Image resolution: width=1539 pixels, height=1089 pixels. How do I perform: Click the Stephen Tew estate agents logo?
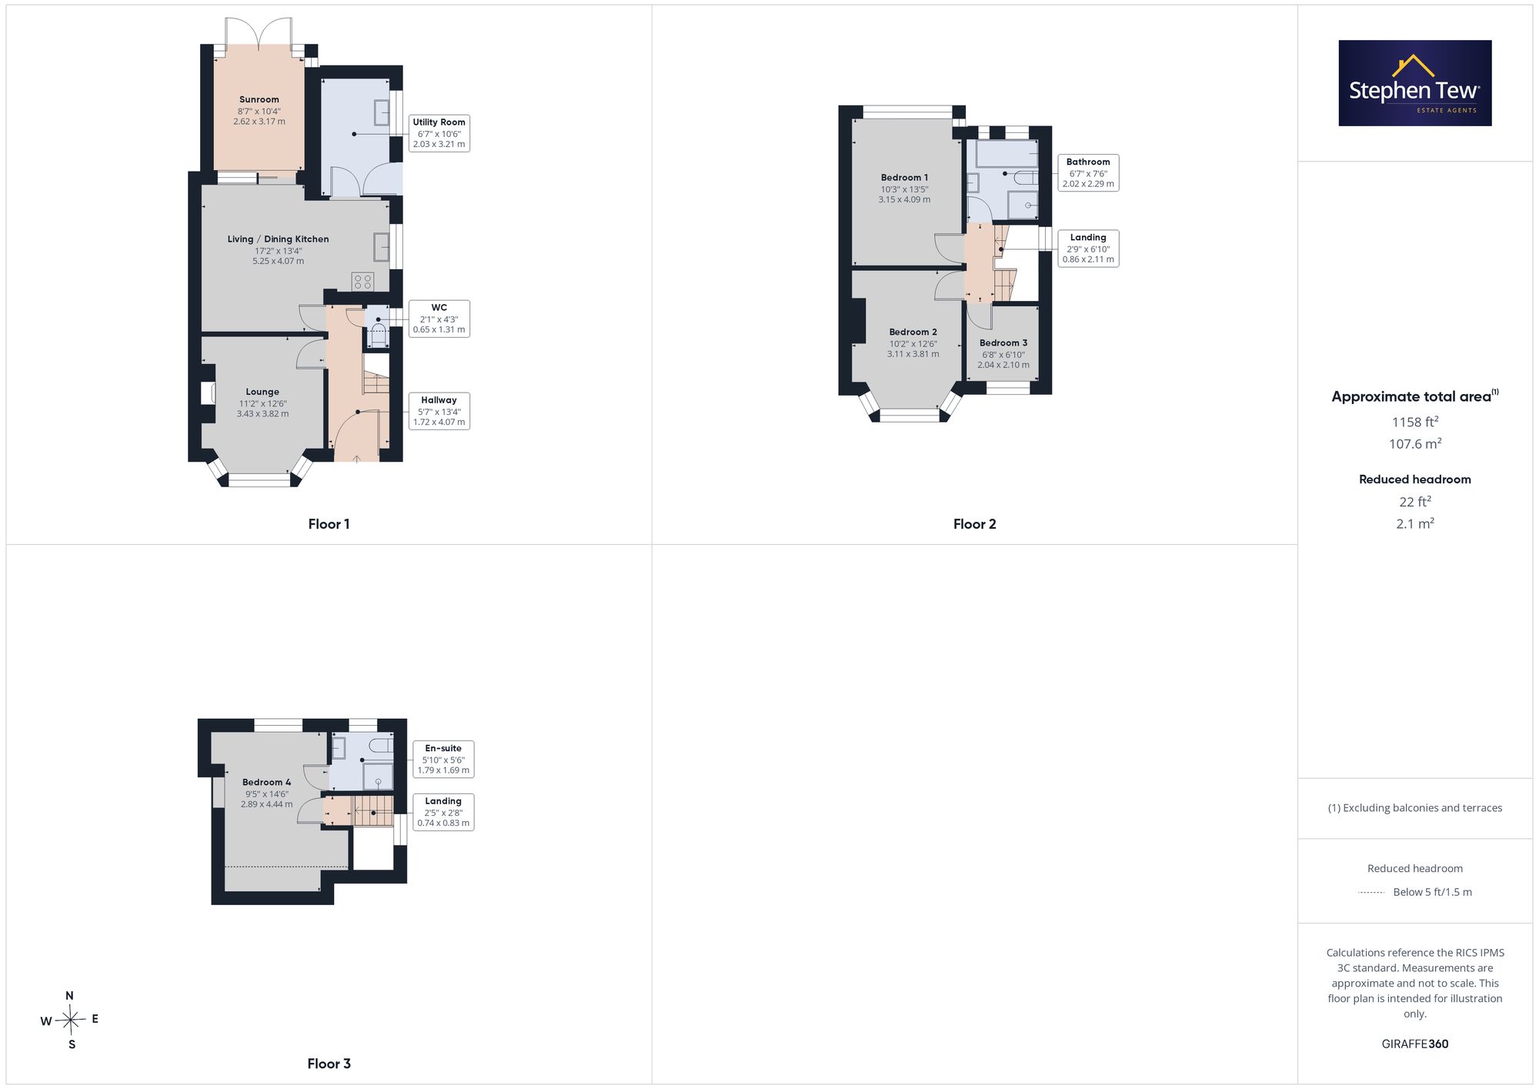pos(1414,83)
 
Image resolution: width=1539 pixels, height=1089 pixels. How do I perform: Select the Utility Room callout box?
pos(439,133)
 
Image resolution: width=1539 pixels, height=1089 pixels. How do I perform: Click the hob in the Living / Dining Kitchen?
pos(362,282)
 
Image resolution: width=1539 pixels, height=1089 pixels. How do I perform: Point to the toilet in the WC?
pos(378,335)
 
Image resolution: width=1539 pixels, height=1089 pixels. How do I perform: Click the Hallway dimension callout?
pos(439,411)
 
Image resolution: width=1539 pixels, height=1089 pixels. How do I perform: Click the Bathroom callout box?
pos(1088,173)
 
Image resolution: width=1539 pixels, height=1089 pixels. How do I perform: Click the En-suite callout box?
pos(443,760)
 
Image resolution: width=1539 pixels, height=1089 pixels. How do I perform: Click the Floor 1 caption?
pos(329,524)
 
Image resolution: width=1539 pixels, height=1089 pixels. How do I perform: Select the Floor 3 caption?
pos(329,1064)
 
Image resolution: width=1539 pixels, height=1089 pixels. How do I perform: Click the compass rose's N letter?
pos(69,996)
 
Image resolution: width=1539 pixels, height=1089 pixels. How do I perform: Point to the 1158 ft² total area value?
pos(1415,422)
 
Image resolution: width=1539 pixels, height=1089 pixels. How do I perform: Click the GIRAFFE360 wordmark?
pos(1415,1044)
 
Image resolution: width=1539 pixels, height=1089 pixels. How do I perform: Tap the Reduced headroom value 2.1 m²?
pos(1415,523)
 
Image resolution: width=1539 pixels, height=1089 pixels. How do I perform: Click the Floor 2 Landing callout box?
pos(1088,249)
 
